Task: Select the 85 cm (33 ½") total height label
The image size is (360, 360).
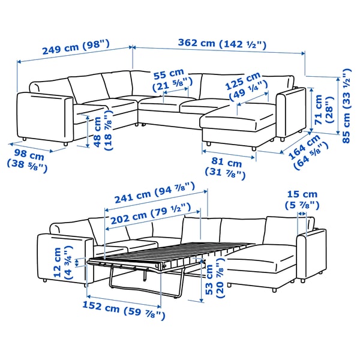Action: point(344,102)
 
